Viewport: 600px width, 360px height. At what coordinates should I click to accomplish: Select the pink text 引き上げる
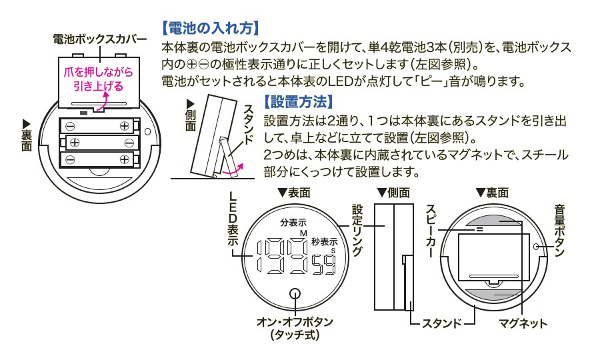[x=99, y=85]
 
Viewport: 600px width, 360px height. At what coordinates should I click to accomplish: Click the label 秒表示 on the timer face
[x=324, y=242]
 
